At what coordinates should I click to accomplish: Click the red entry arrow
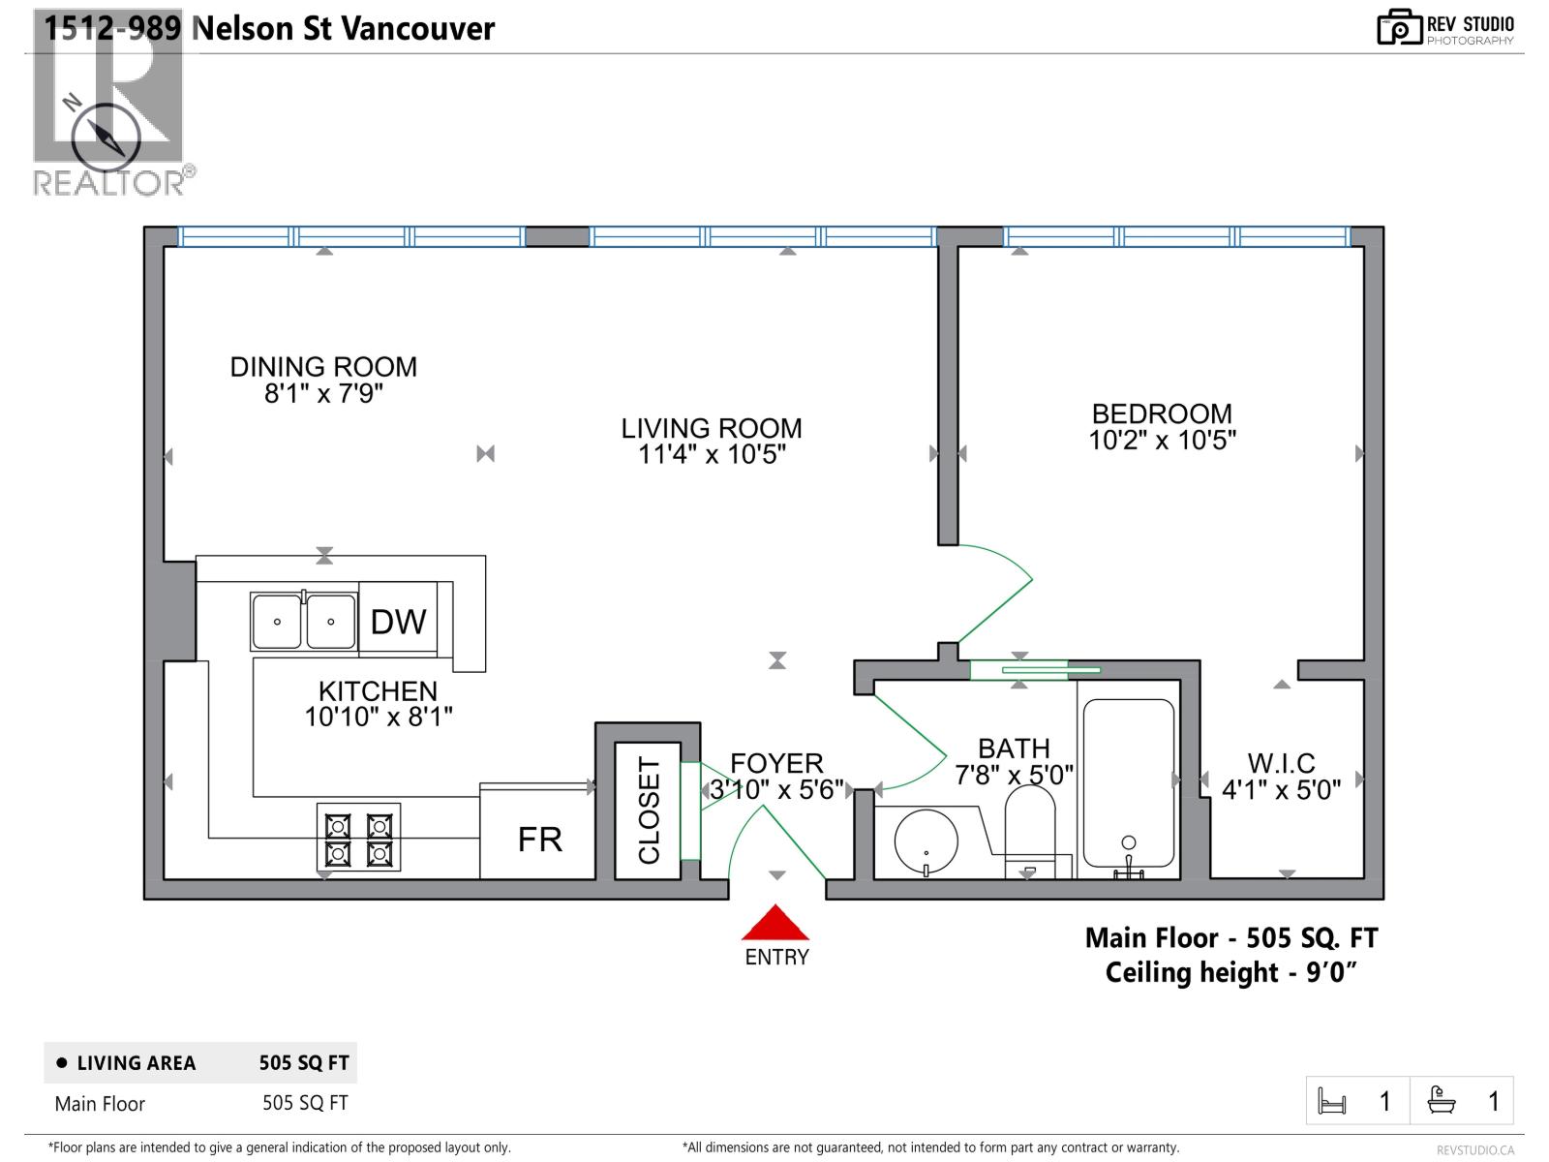[774, 924]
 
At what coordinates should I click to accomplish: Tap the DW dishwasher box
[398, 621]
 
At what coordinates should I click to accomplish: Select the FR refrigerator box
[538, 839]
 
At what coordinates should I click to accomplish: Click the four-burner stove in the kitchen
[358, 839]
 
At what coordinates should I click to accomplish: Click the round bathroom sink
[926, 840]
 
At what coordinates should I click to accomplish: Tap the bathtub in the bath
[1128, 784]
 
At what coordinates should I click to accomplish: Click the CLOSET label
[649, 811]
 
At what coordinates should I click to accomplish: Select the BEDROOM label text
[1162, 413]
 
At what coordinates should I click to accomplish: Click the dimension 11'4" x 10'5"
[712, 454]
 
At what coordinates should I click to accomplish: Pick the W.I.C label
[1281, 763]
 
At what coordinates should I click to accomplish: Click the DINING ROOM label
[323, 367]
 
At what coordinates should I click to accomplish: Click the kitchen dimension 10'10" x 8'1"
[379, 718]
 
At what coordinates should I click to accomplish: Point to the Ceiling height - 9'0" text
[1230, 972]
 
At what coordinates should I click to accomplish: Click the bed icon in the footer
[1332, 1101]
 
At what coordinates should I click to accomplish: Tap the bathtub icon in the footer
[1442, 1100]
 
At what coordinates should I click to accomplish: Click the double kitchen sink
[303, 622]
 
